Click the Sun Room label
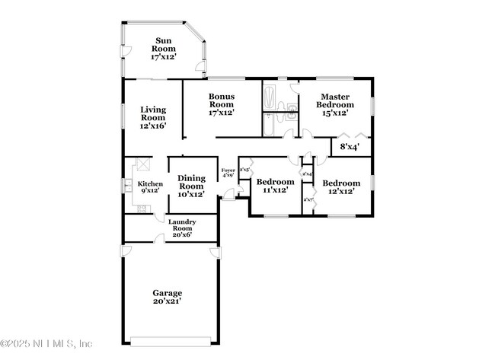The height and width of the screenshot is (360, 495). (164, 49)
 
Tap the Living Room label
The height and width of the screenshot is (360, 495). (153, 118)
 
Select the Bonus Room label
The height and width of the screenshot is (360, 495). (221, 104)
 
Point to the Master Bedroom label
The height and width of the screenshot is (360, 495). (334, 104)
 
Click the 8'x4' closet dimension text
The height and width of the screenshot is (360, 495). (350, 146)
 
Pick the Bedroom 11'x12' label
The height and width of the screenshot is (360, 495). (275, 186)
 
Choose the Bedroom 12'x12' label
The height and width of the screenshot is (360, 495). (340, 186)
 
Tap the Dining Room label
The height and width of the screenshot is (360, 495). (191, 186)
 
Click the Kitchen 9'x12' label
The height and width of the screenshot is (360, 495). (150, 187)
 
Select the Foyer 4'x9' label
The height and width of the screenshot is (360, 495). (228, 173)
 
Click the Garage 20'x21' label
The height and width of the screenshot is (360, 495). (167, 297)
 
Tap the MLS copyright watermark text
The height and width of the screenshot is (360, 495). (47, 343)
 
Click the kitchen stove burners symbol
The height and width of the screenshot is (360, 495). (142, 209)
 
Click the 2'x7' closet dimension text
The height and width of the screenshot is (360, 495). (308, 200)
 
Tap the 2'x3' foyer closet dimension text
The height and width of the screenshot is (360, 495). (244, 169)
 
